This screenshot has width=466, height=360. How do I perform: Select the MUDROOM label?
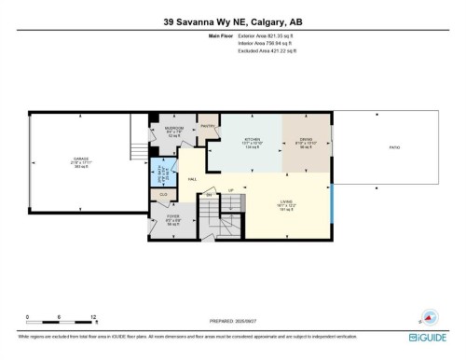point(173,127)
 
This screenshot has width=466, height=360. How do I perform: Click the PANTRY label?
point(207,125)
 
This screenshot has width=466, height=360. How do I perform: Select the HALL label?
point(191,178)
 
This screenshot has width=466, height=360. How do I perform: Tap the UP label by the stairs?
point(230,190)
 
